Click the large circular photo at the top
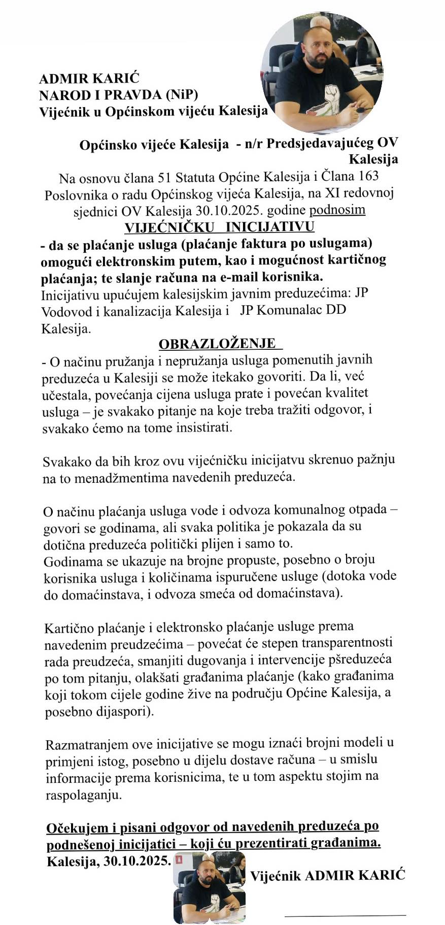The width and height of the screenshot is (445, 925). pyautogui.click(x=322, y=73)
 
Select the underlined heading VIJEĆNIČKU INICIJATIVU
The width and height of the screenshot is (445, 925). pyautogui.click(x=219, y=226)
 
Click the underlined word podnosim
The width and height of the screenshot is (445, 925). pyautogui.click(x=337, y=209)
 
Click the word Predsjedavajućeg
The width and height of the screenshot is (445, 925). pyautogui.click(x=315, y=143)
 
